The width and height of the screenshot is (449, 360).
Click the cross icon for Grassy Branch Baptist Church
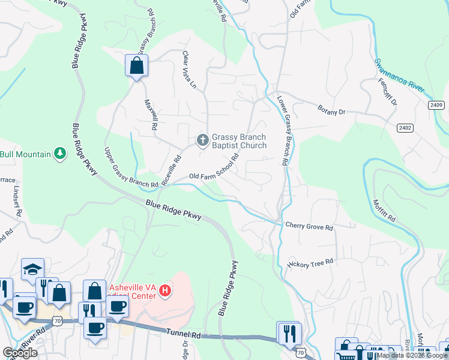[x=203, y=140]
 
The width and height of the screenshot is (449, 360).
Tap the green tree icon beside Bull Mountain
[x=59, y=154]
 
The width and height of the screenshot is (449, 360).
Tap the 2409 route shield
[x=436, y=106]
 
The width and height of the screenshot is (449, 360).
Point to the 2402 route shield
[x=405, y=128]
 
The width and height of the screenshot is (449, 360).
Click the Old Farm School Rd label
[x=214, y=167]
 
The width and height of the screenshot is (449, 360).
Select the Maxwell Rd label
[x=150, y=115]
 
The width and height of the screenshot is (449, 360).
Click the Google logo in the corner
[x=20, y=353]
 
